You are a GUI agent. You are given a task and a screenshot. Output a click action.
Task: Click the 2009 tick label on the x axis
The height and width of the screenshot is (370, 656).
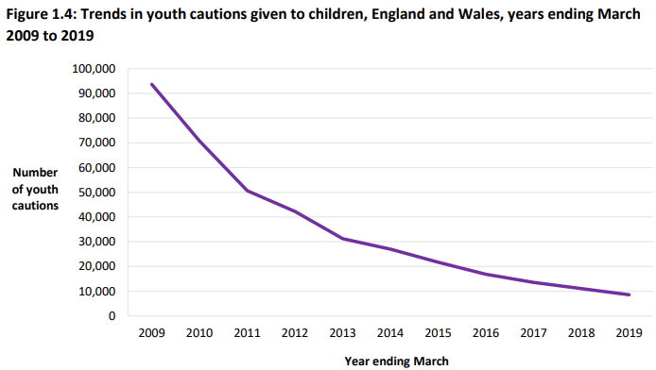pos(151,332)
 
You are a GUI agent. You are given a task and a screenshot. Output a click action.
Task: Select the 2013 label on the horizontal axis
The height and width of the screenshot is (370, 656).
pos(342,332)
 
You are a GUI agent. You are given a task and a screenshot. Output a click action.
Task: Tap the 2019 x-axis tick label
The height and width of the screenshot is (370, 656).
pos(630,332)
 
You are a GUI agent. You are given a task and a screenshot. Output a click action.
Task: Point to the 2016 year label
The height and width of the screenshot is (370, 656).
pos(486,332)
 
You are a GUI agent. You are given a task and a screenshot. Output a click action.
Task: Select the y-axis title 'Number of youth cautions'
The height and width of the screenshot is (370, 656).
pos(36,189)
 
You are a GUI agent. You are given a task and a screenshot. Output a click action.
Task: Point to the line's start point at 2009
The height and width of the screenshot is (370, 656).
pos(151,84)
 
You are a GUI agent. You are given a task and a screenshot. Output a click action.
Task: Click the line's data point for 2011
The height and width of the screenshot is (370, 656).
pos(247,191)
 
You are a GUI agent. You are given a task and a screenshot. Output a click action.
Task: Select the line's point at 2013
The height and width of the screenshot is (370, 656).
pos(342,239)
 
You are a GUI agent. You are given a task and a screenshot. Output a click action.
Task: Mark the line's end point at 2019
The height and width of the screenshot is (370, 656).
pos(630,294)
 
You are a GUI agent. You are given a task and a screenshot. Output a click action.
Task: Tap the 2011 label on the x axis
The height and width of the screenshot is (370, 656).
pos(247,332)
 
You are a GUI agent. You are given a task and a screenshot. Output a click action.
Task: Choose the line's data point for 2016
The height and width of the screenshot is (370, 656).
pos(486,274)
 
